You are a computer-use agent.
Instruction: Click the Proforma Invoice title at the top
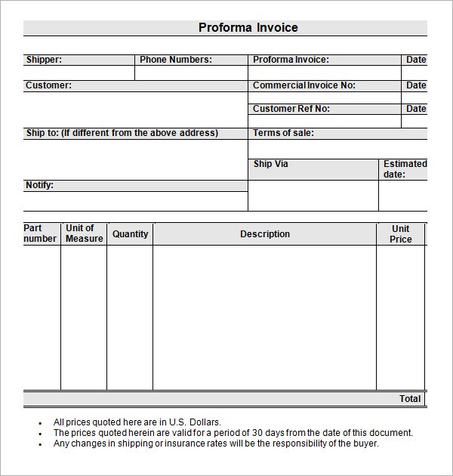click(248, 28)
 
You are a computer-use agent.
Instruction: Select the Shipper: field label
click(44, 60)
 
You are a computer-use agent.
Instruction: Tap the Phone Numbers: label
click(176, 60)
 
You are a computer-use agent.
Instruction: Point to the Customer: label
click(48, 85)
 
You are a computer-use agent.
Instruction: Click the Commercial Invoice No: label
click(304, 85)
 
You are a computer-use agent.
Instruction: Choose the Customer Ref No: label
click(291, 109)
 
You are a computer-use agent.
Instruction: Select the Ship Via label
click(270, 164)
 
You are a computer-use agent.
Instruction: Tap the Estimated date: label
click(405, 169)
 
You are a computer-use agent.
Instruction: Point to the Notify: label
click(39, 185)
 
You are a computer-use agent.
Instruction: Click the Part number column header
click(40, 233)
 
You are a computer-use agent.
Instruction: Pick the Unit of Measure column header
click(84, 233)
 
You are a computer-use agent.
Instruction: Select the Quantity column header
click(130, 234)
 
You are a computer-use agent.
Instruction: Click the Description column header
click(264, 234)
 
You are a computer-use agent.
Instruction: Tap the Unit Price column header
click(401, 234)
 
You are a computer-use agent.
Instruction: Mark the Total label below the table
click(410, 398)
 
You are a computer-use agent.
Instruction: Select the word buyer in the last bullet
click(365, 444)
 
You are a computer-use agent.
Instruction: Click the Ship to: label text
click(42, 133)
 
